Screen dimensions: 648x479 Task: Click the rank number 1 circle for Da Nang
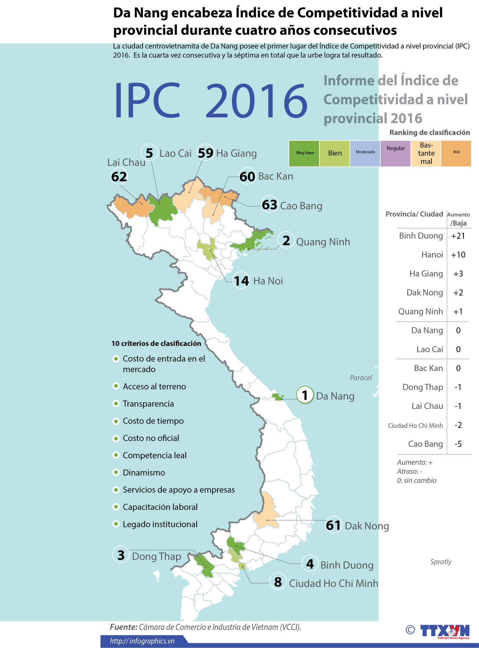coord(305,395)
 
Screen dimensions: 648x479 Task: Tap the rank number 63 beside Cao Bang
coord(269,205)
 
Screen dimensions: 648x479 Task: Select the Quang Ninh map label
coord(323,242)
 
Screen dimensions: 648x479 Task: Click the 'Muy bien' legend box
coord(304,153)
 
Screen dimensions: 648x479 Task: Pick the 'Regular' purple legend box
coord(395,153)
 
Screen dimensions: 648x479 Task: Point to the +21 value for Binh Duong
coord(458,236)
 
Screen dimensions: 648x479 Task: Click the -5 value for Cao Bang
coord(458,444)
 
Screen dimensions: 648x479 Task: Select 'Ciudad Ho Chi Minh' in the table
coord(415,425)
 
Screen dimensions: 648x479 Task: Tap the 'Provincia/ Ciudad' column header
coord(414,214)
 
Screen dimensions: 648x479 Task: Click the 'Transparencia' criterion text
coord(148,404)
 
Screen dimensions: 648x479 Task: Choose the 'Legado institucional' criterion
coord(160,524)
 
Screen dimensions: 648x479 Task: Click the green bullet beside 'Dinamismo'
coord(116,472)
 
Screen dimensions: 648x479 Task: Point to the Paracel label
coord(361,378)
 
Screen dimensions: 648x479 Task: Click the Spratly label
coord(441,562)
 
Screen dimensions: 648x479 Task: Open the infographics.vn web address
coord(142,641)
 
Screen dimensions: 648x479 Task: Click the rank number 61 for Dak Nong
coord(333,525)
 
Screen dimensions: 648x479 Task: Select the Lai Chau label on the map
coord(126,162)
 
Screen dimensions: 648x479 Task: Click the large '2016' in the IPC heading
coord(256,101)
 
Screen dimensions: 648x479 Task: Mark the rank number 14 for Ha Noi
coord(241,281)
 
